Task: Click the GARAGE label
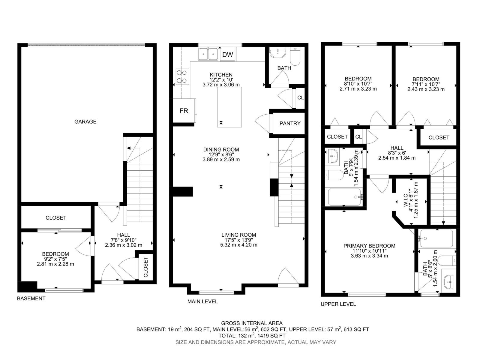(x=85, y=121)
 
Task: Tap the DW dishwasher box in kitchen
(x=228, y=55)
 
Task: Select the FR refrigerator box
(x=184, y=111)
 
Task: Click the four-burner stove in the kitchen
(x=182, y=76)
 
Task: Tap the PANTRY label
(x=290, y=123)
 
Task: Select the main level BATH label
(x=284, y=68)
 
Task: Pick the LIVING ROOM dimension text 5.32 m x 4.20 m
(x=238, y=245)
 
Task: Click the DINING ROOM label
(x=221, y=149)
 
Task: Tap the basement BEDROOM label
(x=55, y=254)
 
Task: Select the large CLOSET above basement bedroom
(x=56, y=218)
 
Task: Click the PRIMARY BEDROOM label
(x=369, y=246)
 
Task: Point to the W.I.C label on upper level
(x=406, y=200)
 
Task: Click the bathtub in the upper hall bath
(x=344, y=197)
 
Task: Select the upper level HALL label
(x=397, y=148)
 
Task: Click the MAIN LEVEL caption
(x=202, y=301)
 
